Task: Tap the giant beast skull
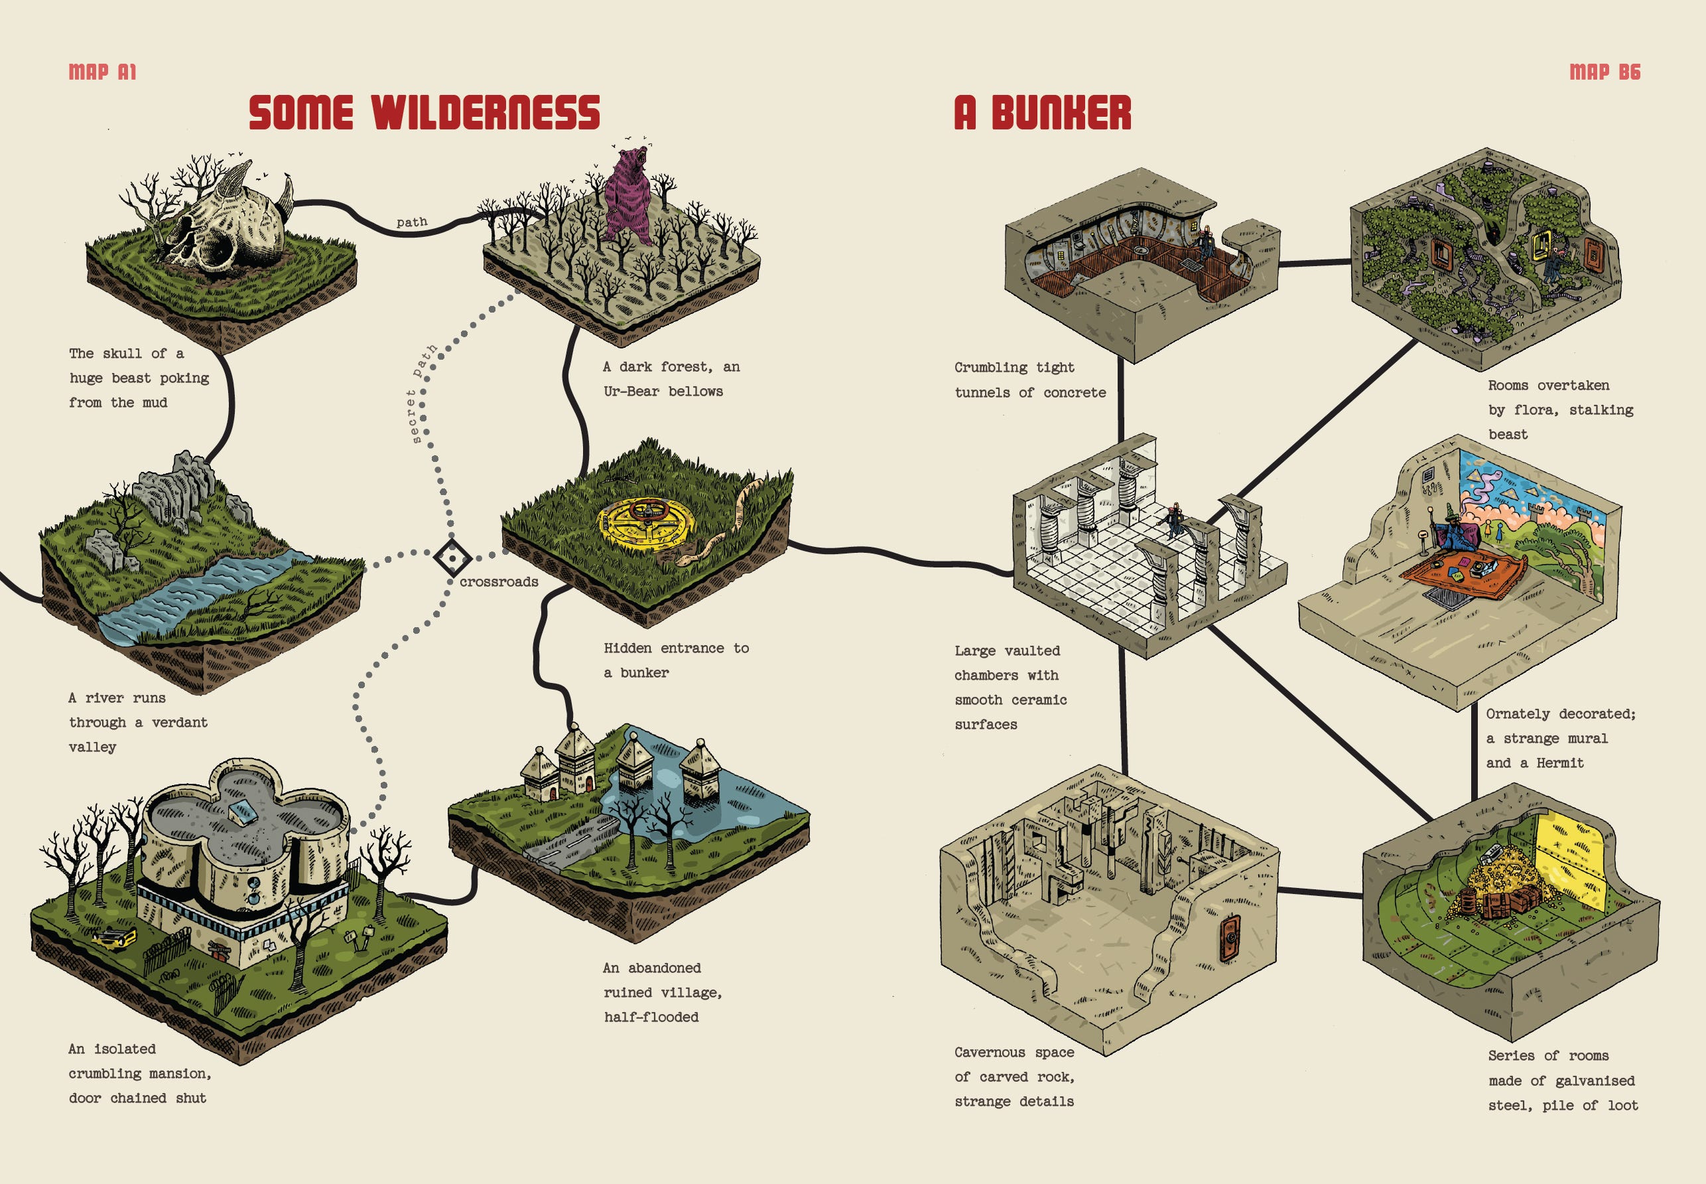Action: (222, 222)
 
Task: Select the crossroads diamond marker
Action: (452, 558)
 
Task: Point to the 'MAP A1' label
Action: (102, 72)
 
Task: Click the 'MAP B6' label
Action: (1605, 72)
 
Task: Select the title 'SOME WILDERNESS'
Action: (424, 113)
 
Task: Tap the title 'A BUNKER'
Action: (1043, 113)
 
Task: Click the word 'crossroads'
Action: (498, 582)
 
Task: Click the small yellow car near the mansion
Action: (113, 938)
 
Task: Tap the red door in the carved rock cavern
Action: (1228, 940)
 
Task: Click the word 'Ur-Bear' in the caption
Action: (631, 392)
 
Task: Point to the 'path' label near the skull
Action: (411, 222)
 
